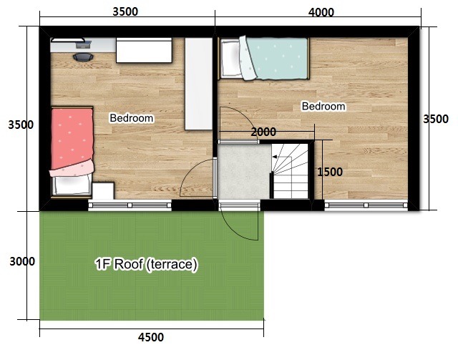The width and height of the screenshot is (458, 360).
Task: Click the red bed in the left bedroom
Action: click(x=72, y=151)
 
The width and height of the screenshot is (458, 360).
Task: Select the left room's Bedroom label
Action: click(x=132, y=118)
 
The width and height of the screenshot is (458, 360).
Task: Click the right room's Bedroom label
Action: click(x=323, y=106)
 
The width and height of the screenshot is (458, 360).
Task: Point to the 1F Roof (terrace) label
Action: click(x=146, y=264)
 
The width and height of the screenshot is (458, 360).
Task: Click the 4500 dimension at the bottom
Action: click(x=151, y=337)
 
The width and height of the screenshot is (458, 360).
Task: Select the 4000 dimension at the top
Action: click(x=321, y=12)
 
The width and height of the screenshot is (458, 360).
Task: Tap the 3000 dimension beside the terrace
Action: click(x=22, y=261)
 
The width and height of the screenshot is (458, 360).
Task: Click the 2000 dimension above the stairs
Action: click(x=263, y=132)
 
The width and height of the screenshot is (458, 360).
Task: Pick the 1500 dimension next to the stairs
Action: click(x=330, y=172)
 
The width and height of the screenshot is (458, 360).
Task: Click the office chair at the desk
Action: click(x=83, y=57)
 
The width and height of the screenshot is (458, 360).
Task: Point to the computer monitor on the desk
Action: click(x=83, y=44)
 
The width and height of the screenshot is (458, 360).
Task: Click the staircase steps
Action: click(x=290, y=171)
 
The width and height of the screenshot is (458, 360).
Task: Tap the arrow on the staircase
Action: click(x=282, y=157)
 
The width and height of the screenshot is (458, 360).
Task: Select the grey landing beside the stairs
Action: click(x=244, y=172)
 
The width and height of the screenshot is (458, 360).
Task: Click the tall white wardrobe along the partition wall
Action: click(x=199, y=84)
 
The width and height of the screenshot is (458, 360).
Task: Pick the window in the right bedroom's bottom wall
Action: click(x=366, y=205)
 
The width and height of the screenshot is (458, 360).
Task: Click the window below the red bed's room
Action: click(x=130, y=205)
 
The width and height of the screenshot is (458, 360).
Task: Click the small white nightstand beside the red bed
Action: click(x=103, y=190)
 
